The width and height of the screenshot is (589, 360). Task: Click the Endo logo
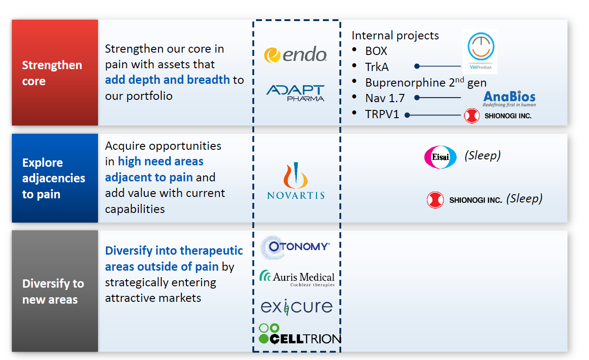pyautogui.click(x=295, y=55)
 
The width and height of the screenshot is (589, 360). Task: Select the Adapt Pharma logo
pyautogui.click(x=295, y=93)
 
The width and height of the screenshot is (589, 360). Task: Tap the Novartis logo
pyautogui.click(x=296, y=182)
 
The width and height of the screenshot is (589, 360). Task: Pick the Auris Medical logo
pyautogui.click(x=297, y=278)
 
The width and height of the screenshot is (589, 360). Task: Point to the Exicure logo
pyautogui.click(x=296, y=306)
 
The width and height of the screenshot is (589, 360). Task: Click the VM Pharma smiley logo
pyautogui.click(x=480, y=51)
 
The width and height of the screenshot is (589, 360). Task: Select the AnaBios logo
pyautogui.click(x=509, y=98)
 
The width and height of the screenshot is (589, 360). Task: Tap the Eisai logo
pyautogui.click(x=440, y=157)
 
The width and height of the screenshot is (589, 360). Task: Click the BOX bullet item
pyautogui.click(x=376, y=51)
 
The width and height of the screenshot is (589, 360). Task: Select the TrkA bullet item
pyautogui.click(x=376, y=67)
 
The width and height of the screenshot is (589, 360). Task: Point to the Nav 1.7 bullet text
pyautogui.click(x=385, y=98)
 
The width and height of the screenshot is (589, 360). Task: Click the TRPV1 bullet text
pyautogui.click(x=382, y=114)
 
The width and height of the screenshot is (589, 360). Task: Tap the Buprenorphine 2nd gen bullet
pyautogui.click(x=425, y=82)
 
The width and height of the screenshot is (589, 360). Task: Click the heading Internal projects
pyautogui.click(x=395, y=35)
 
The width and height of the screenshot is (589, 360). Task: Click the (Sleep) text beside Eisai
pyautogui.click(x=482, y=155)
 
